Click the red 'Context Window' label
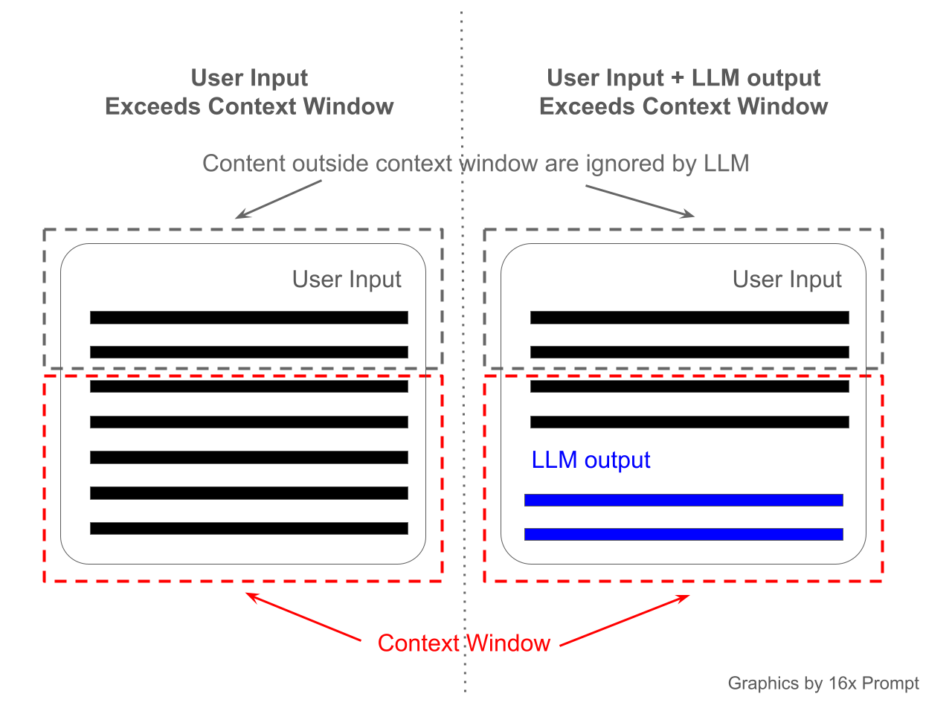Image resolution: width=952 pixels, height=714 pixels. point(463,643)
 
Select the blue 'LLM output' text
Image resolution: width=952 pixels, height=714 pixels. point(591,460)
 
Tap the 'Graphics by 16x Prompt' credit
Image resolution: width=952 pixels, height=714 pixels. point(823,684)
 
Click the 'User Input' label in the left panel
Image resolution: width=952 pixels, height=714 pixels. point(347,280)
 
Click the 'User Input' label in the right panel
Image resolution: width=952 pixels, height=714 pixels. point(787,280)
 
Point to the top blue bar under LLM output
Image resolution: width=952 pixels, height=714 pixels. point(684,500)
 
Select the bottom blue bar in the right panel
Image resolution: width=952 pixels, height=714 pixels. point(684,534)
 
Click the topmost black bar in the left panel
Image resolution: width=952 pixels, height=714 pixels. point(248,318)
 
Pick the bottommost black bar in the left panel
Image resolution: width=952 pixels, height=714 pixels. point(248,529)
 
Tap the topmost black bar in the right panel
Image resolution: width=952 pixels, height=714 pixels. point(689,318)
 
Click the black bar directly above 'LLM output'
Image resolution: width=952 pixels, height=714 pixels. point(689,422)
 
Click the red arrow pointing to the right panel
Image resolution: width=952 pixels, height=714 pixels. point(625,620)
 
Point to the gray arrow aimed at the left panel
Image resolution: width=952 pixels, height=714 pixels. point(278,199)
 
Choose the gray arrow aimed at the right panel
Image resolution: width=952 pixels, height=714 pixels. point(640,202)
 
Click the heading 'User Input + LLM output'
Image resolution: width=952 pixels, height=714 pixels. point(684,78)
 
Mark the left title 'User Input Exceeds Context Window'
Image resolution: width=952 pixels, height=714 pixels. point(249,92)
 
